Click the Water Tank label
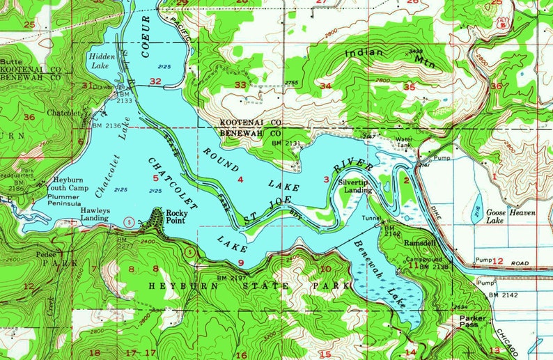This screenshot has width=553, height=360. tap(405, 142)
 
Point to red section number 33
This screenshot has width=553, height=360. tap(240, 84)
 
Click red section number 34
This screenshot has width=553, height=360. tap(325, 85)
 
